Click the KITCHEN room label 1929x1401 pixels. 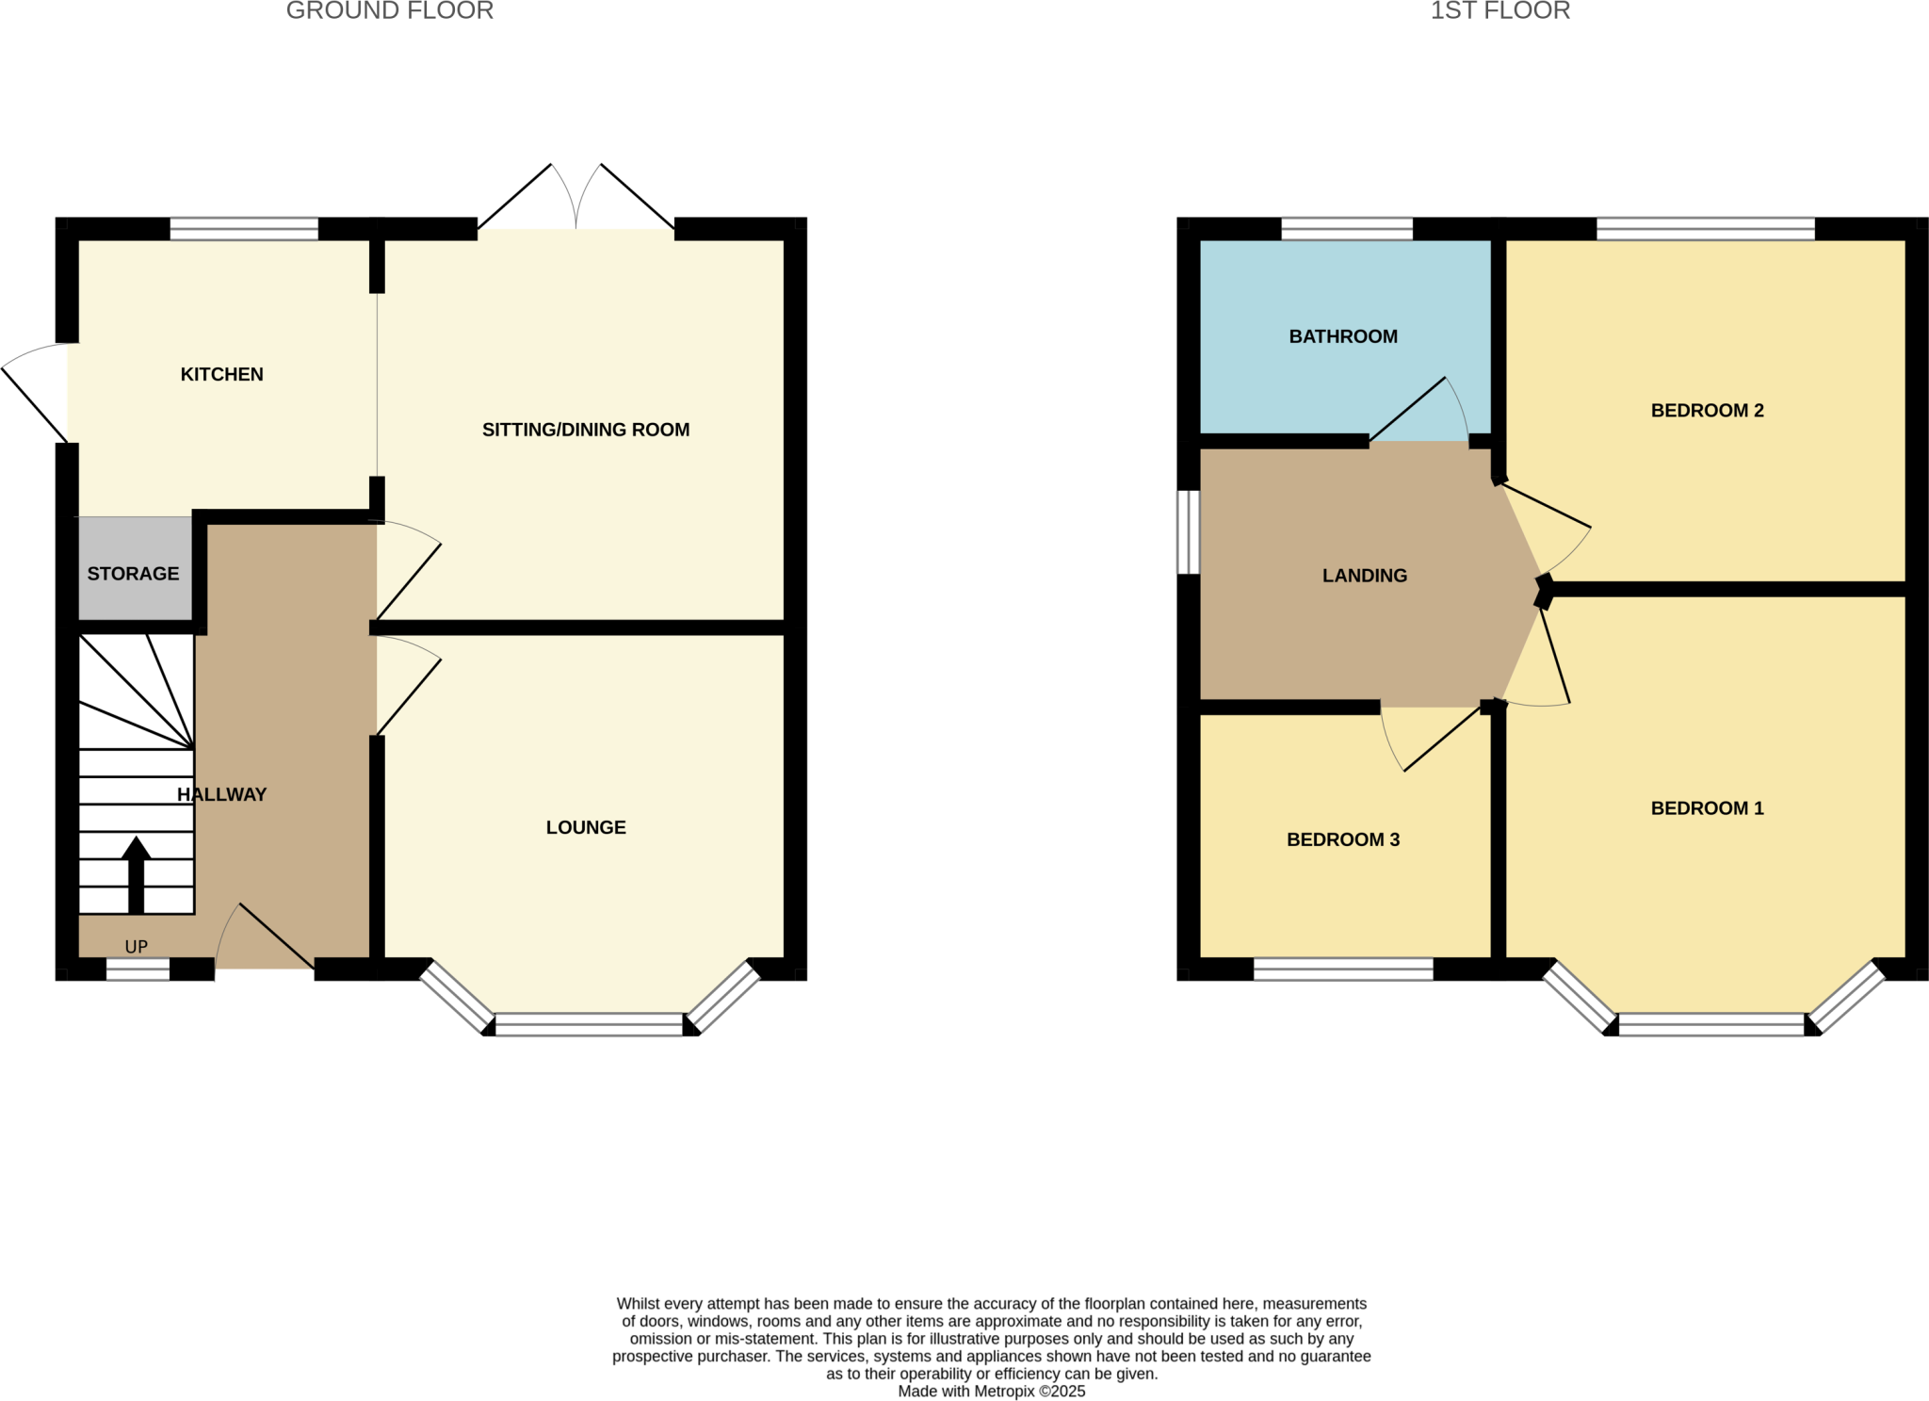(221, 374)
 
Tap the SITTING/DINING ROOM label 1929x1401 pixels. (585, 430)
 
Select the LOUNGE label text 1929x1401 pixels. (585, 827)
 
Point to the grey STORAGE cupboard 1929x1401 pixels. (133, 573)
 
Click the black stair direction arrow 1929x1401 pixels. (137, 874)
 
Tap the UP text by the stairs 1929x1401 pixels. (137, 947)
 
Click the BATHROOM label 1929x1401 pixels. (1342, 336)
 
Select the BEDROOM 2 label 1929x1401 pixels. (1707, 410)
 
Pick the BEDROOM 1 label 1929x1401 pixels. (1707, 807)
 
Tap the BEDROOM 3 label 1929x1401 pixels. (1342, 839)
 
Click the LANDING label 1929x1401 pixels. (1364, 576)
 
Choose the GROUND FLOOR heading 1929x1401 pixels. (389, 11)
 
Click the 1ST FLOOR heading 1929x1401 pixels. (1499, 11)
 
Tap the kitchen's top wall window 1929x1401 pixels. (244, 229)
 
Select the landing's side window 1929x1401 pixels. (1189, 531)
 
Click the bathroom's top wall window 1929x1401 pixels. (1347, 229)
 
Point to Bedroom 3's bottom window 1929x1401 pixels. (1343, 969)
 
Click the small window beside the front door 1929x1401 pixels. (138, 969)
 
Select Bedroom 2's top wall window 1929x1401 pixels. (1705, 229)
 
